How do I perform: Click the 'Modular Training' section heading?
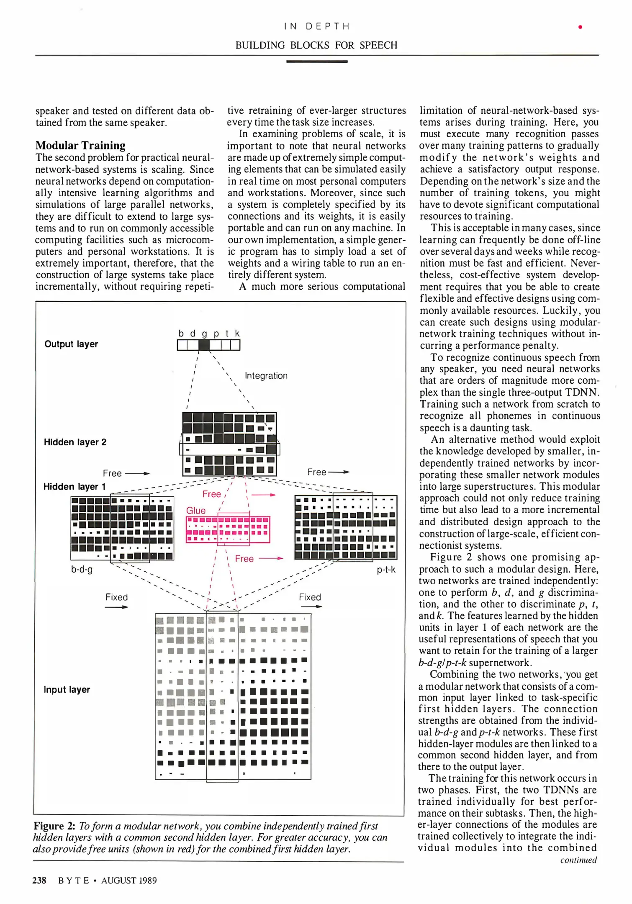80,145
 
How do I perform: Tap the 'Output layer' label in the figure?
71,344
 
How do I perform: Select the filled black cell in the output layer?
204,345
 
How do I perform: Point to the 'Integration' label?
266,376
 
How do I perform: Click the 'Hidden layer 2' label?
75,442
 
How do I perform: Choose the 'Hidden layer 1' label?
75,487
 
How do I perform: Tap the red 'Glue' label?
196,511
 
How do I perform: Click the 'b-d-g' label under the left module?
82,570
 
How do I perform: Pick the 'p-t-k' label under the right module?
386,570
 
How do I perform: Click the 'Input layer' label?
67,689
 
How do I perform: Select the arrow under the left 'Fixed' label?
116,607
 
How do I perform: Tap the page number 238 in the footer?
39,881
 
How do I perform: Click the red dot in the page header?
580,27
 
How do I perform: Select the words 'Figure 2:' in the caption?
54,826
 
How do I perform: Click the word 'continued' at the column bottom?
578,860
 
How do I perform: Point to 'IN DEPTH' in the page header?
316,26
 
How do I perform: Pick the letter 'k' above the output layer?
237,334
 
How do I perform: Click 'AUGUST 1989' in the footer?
129,881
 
